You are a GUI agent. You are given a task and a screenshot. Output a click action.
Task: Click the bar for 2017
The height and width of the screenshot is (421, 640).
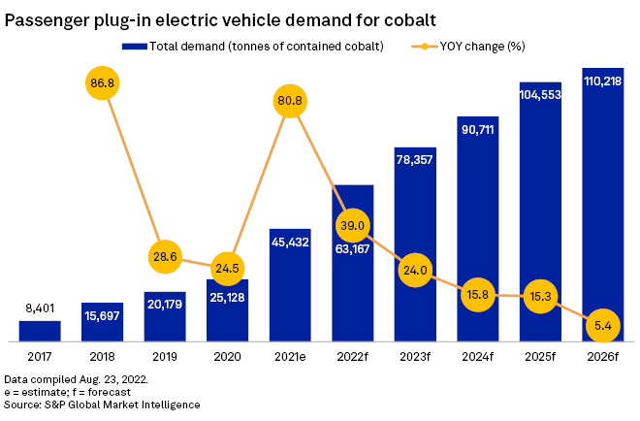pos(40,331)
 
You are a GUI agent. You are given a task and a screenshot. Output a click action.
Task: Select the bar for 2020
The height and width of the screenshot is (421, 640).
pos(227,309)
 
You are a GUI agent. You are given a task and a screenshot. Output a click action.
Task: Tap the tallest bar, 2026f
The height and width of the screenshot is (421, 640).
pos(602,204)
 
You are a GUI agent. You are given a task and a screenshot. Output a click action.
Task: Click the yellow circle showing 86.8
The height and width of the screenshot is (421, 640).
pos(102,83)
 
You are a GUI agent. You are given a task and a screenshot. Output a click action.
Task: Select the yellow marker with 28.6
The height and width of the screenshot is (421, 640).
pos(164,257)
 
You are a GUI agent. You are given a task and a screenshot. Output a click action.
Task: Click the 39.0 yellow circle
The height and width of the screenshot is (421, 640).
pos(352,226)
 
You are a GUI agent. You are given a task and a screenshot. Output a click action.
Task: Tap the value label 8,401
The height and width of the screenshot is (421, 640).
pos(40,309)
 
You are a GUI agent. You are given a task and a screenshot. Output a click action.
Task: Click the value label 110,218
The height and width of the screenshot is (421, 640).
pos(602,83)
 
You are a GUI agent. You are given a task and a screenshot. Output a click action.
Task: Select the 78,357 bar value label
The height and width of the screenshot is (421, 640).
pos(415,160)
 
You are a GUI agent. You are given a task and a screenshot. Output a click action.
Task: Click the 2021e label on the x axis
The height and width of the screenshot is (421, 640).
pos(289,357)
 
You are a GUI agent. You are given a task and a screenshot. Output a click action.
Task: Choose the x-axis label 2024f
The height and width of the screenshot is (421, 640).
pos(477,357)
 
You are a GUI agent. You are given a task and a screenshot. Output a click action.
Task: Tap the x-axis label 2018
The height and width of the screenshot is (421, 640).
pos(102,357)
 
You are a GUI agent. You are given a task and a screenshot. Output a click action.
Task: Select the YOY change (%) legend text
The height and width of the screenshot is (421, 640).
pos(482,47)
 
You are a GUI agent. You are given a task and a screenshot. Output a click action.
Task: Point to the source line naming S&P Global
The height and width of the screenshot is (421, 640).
pos(102,405)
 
